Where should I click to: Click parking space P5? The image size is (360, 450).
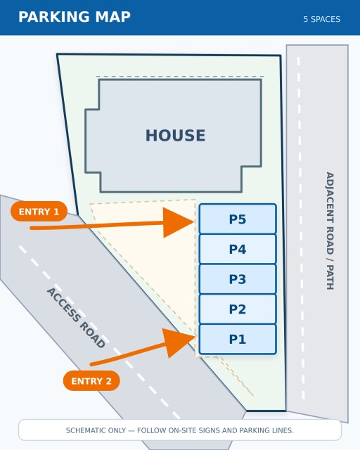tap(238, 219)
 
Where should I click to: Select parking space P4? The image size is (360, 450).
tap(238, 249)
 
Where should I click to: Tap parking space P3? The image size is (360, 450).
tap(238, 279)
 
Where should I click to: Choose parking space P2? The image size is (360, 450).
tap(238, 309)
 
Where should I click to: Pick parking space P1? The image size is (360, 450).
tap(238, 339)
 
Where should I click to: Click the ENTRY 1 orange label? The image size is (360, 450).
tap(39, 212)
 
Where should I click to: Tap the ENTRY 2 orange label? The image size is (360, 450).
tap(91, 381)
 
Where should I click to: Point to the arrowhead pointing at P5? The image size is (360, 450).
tap(178, 222)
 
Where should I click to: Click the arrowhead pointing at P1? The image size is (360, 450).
tap(179, 342)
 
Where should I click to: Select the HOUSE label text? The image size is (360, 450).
tap(175, 136)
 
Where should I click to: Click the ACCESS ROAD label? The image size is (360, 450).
tap(76, 318)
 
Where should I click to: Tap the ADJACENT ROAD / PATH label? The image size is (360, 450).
tap(330, 231)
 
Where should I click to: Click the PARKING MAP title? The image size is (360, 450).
tap(75, 17)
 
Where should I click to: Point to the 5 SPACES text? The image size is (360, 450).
tap(322, 19)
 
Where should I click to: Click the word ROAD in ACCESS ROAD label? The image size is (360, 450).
tap(92, 335)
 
